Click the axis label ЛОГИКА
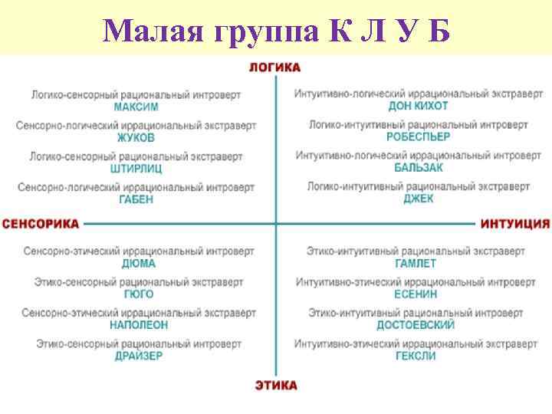[x=274, y=67]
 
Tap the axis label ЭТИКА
[x=275, y=385]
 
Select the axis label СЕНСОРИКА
[x=41, y=224]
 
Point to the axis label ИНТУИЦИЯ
[x=515, y=224]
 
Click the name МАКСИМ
[x=136, y=107]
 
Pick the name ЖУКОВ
[x=136, y=138]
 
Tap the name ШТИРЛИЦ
[x=136, y=169]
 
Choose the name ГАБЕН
[x=136, y=199]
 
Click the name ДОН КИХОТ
[x=418, y=106]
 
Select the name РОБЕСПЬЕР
[x=418, y=137]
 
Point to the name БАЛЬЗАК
[x=418, y=168]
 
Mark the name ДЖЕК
[x=418, y=199]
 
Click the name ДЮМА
[x=138, y=263]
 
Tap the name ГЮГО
[x=138, y=294]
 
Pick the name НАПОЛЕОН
[x=138, y=325]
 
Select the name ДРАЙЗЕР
[x=138, y=356]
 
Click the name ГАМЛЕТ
[x=416, y=263]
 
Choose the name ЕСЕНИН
[x=416, y=294]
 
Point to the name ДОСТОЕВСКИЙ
[x=416, y=325]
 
